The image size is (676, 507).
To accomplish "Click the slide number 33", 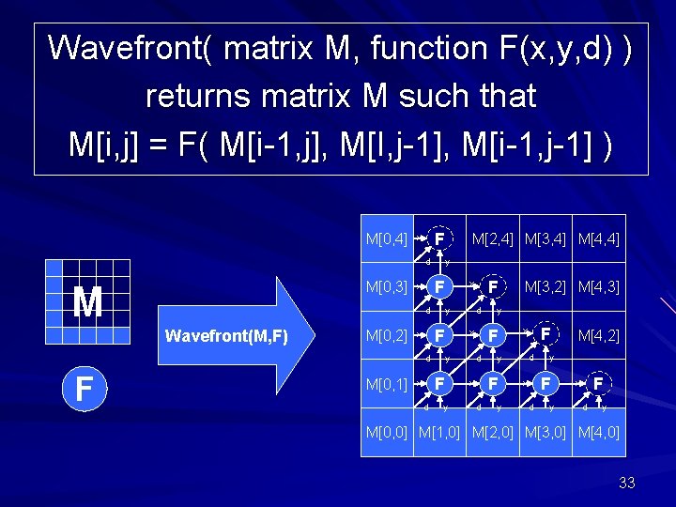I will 627,483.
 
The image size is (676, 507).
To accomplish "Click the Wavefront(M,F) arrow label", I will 225,335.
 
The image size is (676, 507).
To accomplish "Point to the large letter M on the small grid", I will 87,302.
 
